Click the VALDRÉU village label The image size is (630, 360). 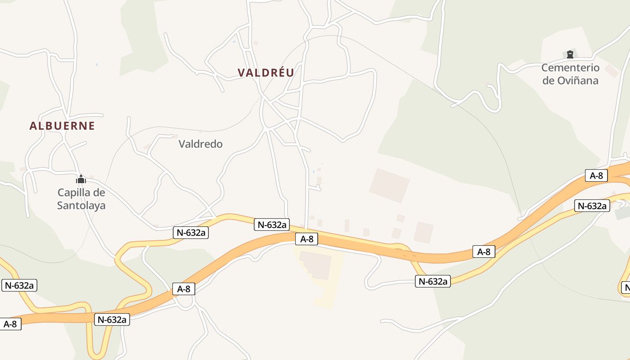(265, 72)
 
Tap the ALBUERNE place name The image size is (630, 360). (62, 126)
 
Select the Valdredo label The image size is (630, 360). (201, 144)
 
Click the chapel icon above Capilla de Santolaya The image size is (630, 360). (81, 179)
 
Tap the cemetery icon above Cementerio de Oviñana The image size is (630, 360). (570, 54)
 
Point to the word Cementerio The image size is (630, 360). (570, 68)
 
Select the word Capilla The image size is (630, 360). (75, 193)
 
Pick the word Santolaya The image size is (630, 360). (81, 206)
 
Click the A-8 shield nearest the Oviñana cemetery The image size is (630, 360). (596, 175)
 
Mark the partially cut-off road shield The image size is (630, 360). (626, 287)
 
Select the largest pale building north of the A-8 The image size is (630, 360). (389, 185)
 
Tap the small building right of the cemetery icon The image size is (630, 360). (611, 71)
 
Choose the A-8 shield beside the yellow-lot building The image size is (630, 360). (306, 239)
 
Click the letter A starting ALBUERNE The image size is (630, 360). (32, 126)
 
